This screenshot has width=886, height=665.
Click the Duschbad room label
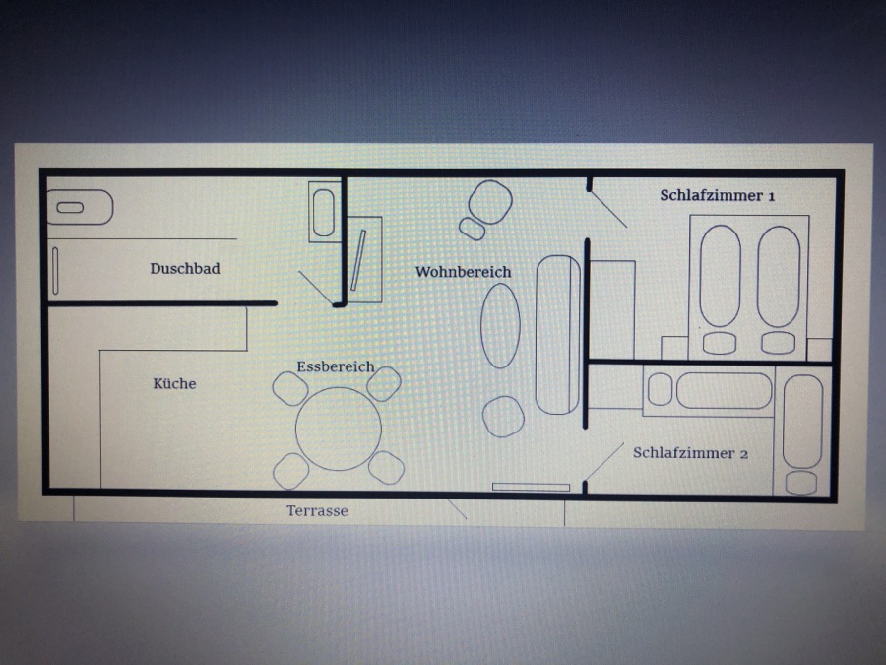coord(185,269)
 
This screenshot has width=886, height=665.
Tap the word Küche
coord(174,383)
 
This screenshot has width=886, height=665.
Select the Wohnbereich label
coord(464,272)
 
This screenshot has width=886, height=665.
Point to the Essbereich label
coord(336,366)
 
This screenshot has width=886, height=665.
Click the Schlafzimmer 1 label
coord(718,196)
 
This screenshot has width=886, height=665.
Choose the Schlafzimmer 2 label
coord(690,453)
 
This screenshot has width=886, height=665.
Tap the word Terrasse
coord(317,511)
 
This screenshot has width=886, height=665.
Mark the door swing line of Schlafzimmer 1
coord(608,209)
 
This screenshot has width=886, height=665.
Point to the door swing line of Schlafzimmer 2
coord(604,461)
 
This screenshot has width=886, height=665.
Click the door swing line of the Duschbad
coord(316,289)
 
